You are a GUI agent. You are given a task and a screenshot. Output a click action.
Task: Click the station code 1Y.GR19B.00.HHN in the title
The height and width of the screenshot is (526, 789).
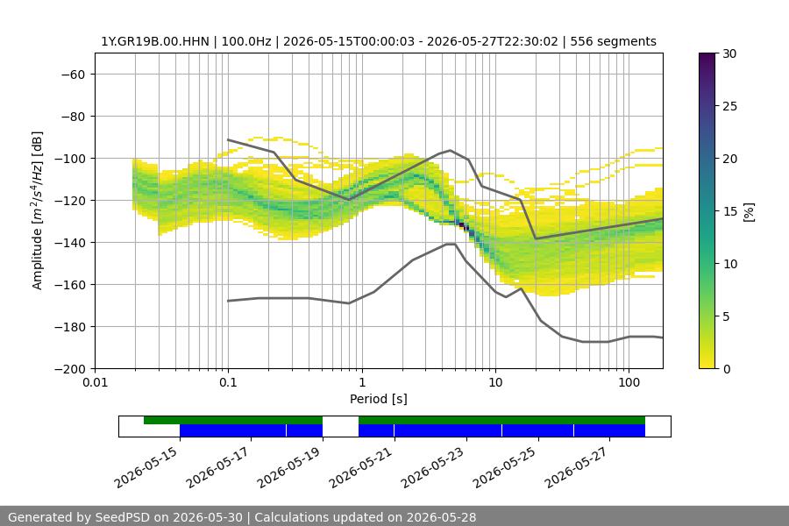155,41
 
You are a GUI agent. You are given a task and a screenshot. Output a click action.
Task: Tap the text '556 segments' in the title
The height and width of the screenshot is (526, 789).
613,41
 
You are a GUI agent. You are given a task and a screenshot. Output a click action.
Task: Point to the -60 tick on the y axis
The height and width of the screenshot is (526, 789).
73,75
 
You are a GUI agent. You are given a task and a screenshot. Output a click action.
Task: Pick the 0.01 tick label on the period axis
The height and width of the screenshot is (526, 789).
95,382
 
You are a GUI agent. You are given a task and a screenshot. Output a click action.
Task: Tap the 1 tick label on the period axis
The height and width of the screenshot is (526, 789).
362,382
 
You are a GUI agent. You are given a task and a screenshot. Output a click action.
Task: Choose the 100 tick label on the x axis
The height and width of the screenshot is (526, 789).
629,382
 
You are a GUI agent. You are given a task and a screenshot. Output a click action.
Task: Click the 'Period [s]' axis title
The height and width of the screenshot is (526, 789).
379,399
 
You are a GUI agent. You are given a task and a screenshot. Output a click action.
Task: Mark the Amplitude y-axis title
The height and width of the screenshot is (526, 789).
37,210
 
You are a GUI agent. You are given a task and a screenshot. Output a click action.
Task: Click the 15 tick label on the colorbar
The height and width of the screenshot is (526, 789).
729,211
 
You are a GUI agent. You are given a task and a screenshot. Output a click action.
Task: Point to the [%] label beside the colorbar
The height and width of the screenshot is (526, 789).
749,212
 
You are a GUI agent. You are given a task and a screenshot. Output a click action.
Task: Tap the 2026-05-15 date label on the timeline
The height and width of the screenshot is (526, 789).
146,467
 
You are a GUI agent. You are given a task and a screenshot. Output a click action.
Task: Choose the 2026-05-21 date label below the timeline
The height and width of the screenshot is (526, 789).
361,467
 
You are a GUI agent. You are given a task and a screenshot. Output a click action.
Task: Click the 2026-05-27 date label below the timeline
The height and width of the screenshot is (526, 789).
576,467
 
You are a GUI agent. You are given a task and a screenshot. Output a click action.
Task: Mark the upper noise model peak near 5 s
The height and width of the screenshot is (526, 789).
451,150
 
